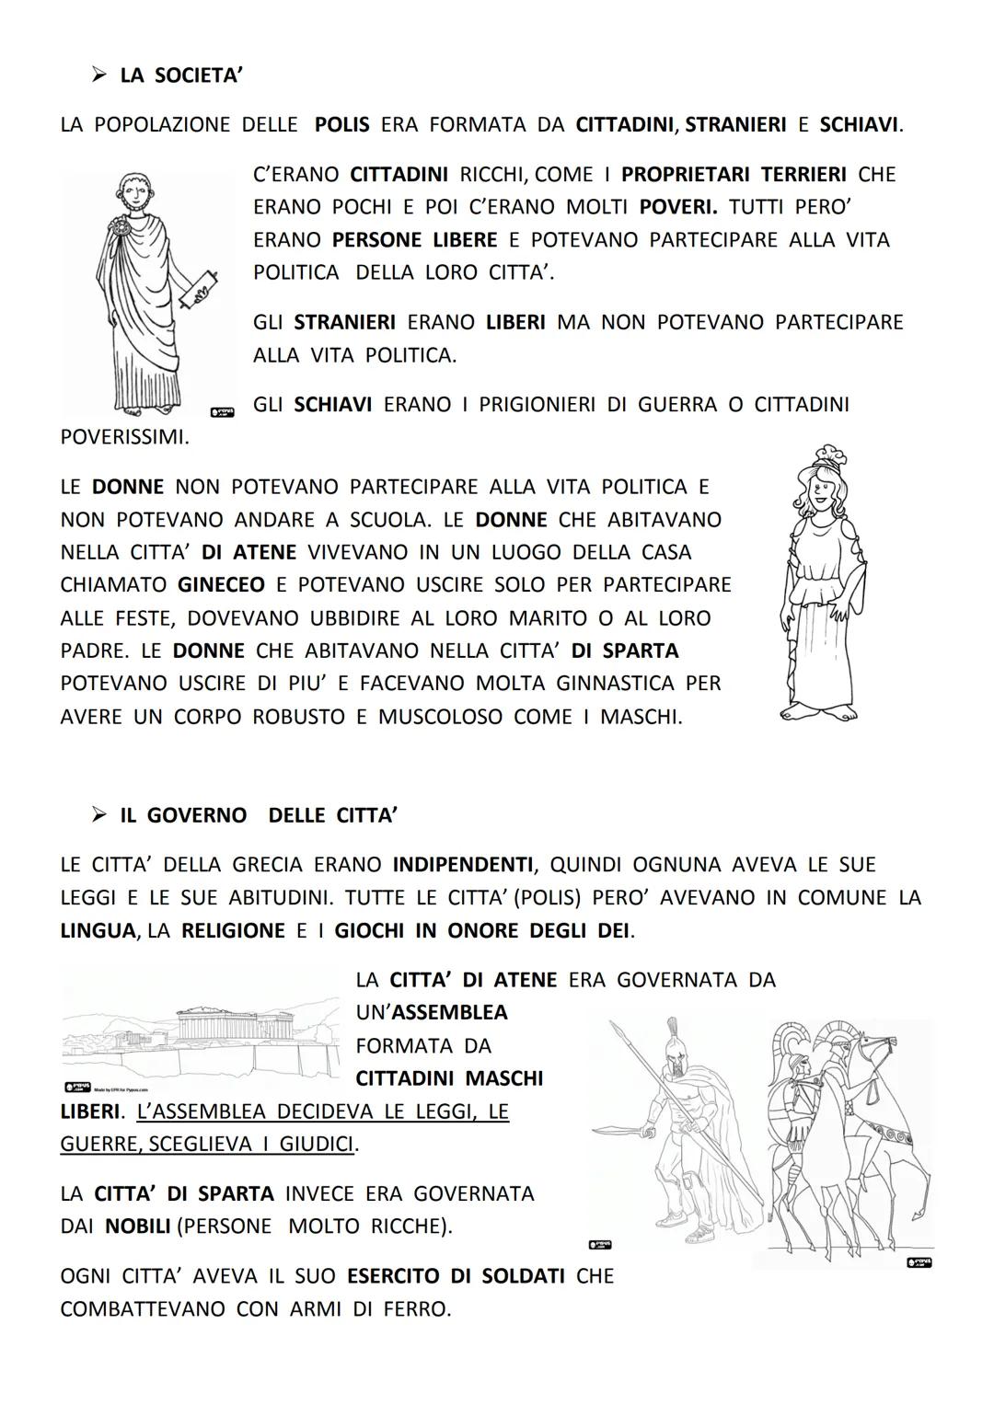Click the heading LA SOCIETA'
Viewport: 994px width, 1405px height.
(180, 75)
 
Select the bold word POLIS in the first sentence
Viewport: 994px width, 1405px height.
(341, 125)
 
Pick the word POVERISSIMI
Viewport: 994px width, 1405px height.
(123, 438)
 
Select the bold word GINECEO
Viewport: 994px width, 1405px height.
(221, 585)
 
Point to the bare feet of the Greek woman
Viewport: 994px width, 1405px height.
(819, 711)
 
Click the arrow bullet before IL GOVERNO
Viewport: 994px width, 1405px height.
(99, 815)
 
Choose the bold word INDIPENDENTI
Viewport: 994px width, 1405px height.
(462, 865)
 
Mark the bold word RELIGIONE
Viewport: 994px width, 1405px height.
(233, 931)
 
